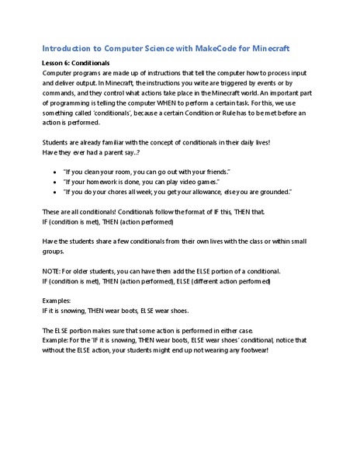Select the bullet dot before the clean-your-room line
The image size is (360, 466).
(x=53, y=170)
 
